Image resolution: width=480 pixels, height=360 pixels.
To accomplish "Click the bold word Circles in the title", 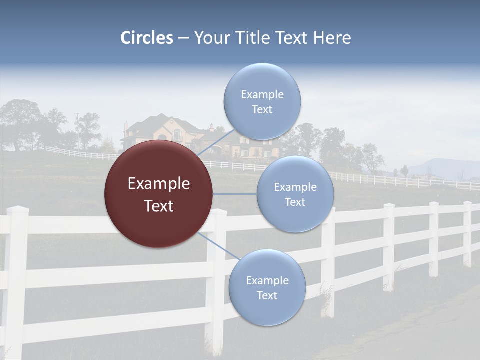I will [146, 38].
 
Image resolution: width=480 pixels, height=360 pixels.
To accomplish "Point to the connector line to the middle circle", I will [235, 194].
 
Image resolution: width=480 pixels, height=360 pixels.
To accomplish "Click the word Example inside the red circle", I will [158, 184].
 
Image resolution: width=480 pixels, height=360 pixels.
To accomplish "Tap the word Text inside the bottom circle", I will [267, 295].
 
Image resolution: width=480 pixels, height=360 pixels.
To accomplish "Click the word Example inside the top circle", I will [262, 94].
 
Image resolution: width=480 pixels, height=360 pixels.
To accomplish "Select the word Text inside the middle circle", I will [295, 202].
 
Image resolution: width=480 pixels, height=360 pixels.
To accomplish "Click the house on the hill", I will [165, 132].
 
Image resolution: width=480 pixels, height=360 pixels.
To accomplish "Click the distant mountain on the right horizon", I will [445, 167].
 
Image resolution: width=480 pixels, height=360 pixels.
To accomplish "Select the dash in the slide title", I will [183, 38].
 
